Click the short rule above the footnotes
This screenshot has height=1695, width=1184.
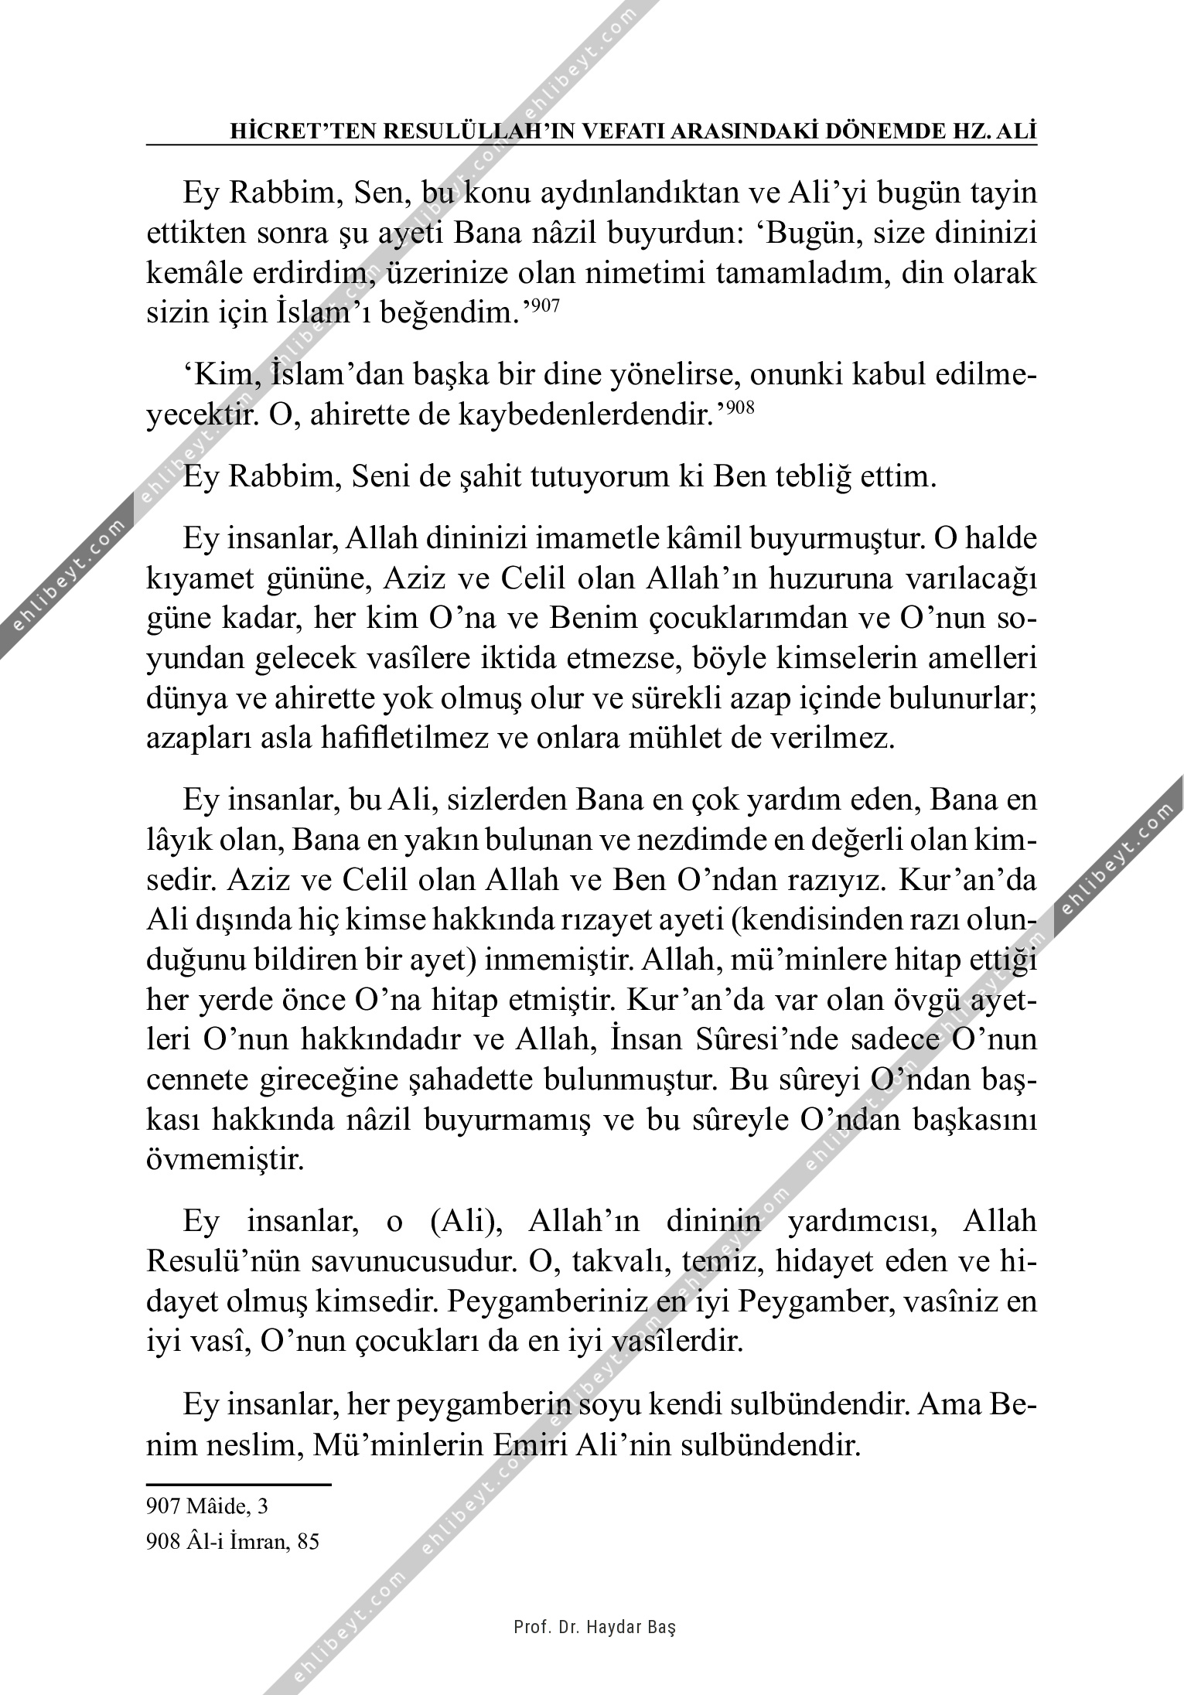tap(238, 1485)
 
